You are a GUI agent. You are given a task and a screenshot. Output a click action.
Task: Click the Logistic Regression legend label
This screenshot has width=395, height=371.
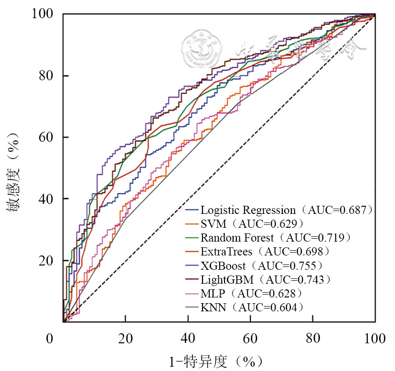coord(248,210)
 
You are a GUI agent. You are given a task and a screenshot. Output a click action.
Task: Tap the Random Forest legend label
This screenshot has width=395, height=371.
coord(237,237)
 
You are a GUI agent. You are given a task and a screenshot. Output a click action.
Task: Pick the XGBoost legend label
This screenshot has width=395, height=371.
coord(223,265)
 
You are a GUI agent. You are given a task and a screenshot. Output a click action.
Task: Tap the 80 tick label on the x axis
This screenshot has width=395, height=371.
coord(312,339)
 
